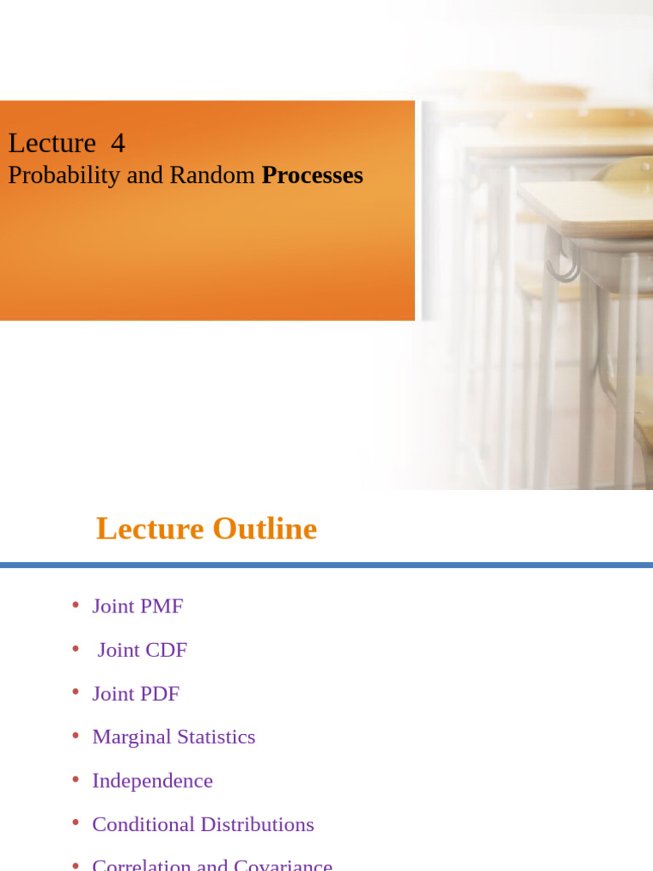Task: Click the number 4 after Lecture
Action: click(117, 144)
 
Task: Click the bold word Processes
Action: click(312, 175)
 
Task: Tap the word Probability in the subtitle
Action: click(64, 176)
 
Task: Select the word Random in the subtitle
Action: click(212, 175)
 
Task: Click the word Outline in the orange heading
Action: click(264, 528)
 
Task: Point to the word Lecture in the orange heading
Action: click(150, 528)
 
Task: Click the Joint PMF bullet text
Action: click(137, 606)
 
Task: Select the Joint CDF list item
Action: click(142, 650)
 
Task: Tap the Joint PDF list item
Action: click(135, 694)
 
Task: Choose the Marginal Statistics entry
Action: click(173, 737)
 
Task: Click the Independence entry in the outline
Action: click(152, 781)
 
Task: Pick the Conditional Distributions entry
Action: click(202, 824)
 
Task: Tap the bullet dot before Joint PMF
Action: click(76, 605)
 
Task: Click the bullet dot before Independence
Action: click(76, 779)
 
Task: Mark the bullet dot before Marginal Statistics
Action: click(76, 735)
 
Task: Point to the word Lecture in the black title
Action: click(52, 144)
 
